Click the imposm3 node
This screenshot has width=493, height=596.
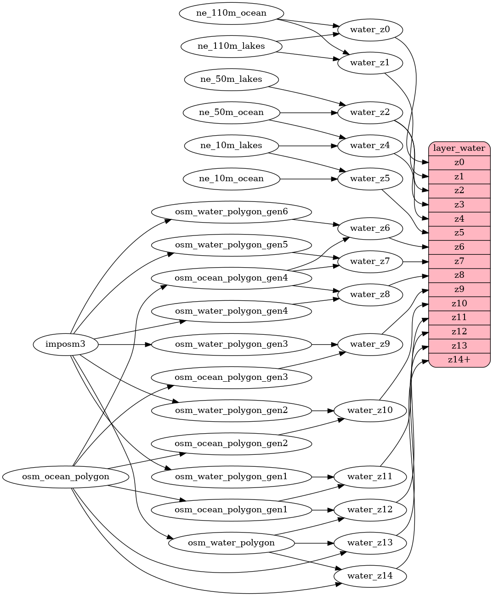coord(66,344)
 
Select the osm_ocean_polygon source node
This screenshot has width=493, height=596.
coord(66,477)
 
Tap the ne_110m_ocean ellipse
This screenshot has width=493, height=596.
coord(231,13)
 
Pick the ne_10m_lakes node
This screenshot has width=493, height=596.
coord(231,146)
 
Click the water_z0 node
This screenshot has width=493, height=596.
coord(370,30)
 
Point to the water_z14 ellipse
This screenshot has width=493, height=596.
coord(370,576)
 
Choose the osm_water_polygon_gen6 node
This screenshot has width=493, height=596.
coord(231,212)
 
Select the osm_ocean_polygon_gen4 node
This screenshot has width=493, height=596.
coord(231,278)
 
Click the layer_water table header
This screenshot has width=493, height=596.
coord(459,149)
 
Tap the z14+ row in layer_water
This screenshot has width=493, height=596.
coord(459,360)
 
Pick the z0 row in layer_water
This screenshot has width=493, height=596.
coord(459,162)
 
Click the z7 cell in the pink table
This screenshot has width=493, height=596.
coord(459,261)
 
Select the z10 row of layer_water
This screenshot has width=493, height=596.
coord(459,304)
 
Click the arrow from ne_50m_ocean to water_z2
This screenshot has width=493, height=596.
coord(308,113)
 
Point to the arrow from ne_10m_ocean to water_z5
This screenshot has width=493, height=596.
coord(308,179)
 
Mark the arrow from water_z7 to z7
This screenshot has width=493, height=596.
coord(415,262)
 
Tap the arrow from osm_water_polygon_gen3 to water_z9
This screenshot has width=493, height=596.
coord(324,344)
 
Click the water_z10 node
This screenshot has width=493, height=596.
coord(370,410)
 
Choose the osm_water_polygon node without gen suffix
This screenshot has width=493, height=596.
coord(231,543)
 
